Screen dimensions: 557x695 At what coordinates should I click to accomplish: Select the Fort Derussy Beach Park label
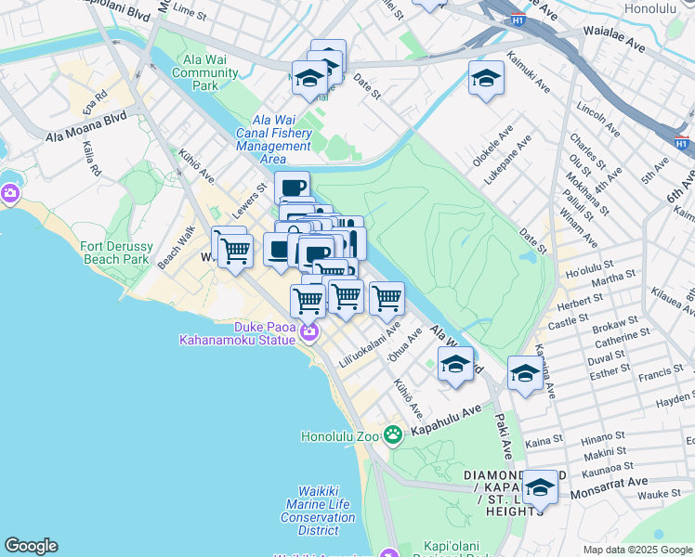115,253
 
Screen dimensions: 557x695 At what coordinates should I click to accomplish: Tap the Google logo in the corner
31,546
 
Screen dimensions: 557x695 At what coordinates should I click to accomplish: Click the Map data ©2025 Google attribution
636,550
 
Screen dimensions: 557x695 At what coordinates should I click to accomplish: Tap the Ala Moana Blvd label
86,126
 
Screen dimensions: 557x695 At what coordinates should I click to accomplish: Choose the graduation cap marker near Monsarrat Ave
539,486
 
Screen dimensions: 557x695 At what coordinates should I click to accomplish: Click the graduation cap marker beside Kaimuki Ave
485,79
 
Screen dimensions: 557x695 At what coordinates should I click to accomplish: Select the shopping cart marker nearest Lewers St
235,250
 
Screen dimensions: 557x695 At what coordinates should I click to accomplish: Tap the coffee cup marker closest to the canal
293,188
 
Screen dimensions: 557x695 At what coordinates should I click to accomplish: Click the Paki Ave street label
505,437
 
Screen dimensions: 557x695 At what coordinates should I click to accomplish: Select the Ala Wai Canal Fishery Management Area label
273,139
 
